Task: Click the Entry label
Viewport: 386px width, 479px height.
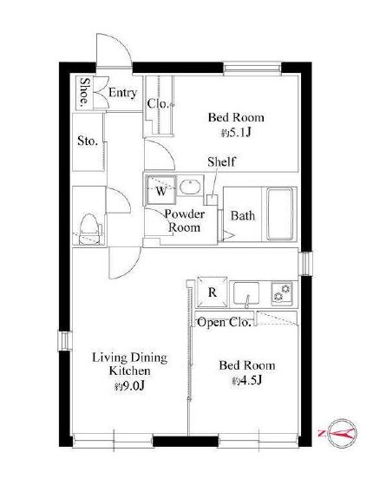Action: click(x=122, y=93)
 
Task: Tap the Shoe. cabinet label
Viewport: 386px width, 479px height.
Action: click(x=84, y=92)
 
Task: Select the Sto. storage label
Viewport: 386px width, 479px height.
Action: click(x=88, y=141)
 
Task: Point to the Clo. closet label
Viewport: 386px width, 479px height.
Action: click(x=158, y=104)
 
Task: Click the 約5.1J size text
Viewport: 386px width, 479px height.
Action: click(x=236, y=133)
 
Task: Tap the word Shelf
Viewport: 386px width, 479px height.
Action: click(x=221, y=162)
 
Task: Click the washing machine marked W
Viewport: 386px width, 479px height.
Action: click(x=161, y=190)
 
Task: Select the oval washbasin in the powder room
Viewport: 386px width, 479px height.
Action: click(x=190, y=187)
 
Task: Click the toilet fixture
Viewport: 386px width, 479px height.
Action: click(x=89, y=229)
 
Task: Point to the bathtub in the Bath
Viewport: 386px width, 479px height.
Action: click(x=280, y=214)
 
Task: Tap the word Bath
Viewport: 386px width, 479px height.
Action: click(x=243, y=216)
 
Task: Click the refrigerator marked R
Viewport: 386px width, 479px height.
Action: click(x=213, y=292)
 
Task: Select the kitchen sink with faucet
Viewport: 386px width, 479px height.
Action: click(x=246, y=293)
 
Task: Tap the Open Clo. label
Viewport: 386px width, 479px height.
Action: click(x=224, y=322)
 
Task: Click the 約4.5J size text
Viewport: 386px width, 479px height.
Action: click(x=247, y=381)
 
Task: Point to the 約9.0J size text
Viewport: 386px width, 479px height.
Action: click(x=129, y=386)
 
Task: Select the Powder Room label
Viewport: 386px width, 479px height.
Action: click(x=184, y=220)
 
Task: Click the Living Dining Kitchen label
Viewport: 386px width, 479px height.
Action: click(x=130, y=364)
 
